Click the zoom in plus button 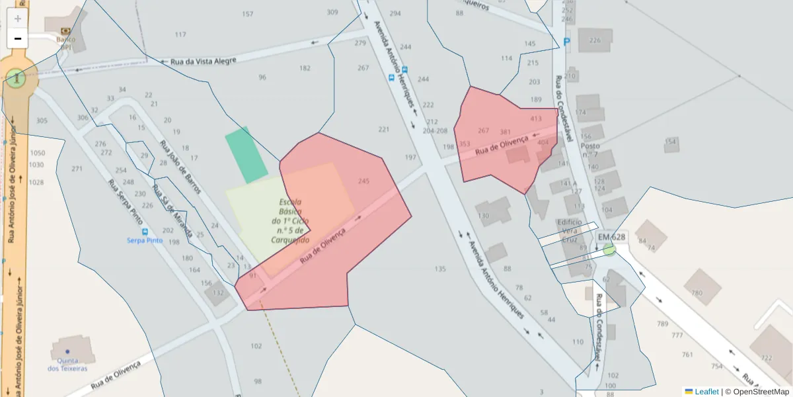tap(18, 19)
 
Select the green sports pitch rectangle tap(246, 155)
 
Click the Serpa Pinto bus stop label tap(145, 240)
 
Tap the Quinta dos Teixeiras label tap(67, 364)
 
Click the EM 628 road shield tap(611, 237)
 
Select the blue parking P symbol tap(566, 42)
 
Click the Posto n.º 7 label tap(590, 150)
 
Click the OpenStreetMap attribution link tap(761, 392)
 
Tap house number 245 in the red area tap(363, 181)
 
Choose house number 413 tap(536, 118)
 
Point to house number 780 tap(697, 292)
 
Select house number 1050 tap(37, 153)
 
